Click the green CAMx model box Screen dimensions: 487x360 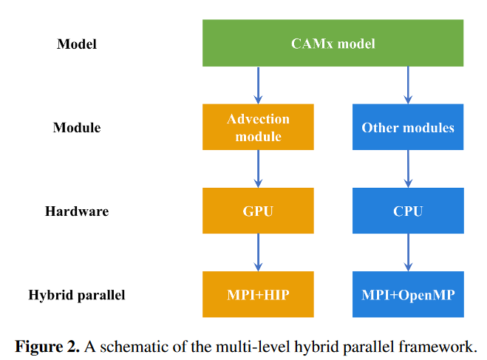click(333, 43)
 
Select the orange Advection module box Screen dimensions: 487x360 click(258, 127)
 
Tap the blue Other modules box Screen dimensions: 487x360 click(408, 127)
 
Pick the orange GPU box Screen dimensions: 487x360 click(258, 211)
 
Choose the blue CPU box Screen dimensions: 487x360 click(408, 211)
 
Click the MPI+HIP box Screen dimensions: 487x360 click(258, 294)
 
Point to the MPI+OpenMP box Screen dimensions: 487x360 click(408, 294)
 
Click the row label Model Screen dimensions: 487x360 click(77, 44)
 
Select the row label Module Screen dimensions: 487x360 click(77, 127)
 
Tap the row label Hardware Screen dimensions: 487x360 click(77, 211)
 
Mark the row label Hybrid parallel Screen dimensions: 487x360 click(77, 296)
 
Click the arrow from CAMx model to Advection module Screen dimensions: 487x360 click(258, 86)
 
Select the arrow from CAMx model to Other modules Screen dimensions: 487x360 click(408, 86)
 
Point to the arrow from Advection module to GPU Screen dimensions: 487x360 click(258, 169)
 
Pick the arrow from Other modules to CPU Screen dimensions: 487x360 click(408, 169)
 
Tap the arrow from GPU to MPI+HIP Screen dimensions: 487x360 click(258, 253)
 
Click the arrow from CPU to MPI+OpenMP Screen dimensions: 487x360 click(408, 253)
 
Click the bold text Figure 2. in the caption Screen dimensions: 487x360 click(47, 347)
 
